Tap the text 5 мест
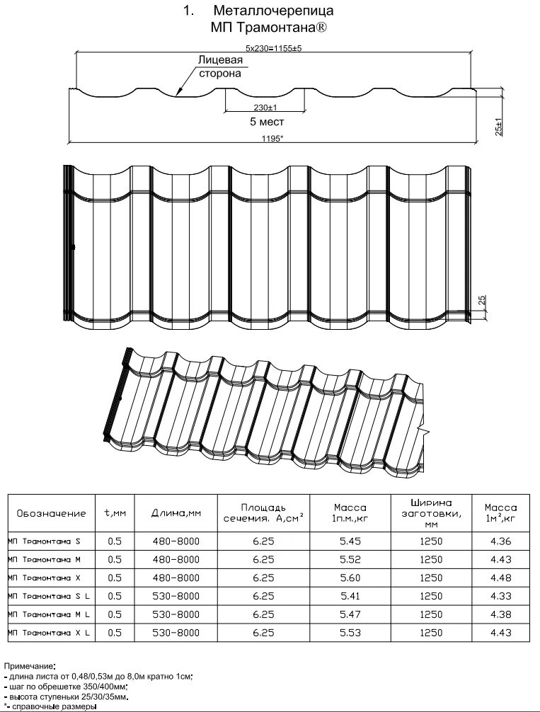(267, 122)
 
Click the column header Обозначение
(51, 513)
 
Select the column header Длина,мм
(176, 513)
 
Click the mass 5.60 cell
(350, 578)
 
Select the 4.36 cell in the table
(500, 541)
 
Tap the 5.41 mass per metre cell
(350, 596)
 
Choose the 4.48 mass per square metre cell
(500, 578)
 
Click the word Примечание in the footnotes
(28, 667)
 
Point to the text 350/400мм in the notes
(106, 687)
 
